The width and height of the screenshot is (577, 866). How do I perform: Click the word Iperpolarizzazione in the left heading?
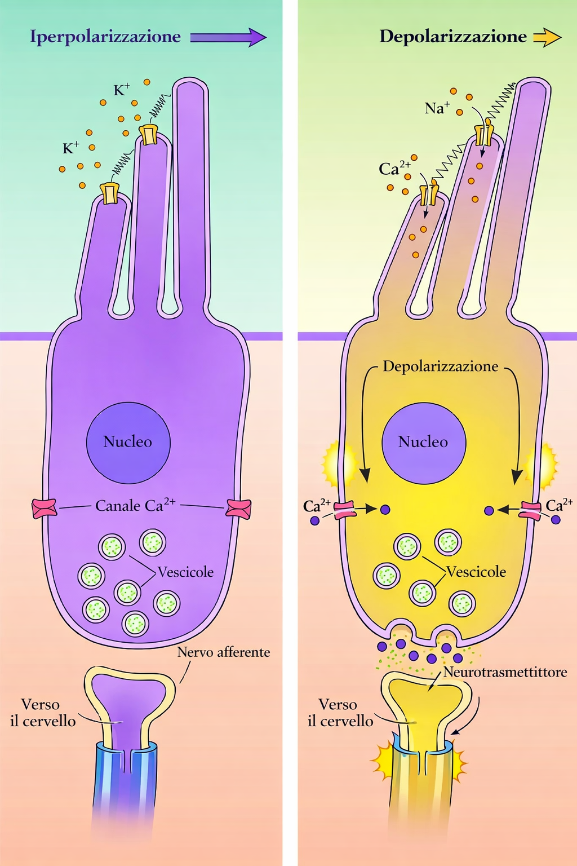[105, 37]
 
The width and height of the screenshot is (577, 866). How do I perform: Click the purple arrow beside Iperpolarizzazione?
[228, 37]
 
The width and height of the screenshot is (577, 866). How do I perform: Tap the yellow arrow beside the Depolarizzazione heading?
[547, 37]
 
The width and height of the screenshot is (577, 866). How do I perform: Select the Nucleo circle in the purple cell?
[128, 443]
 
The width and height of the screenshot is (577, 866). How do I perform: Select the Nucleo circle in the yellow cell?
[424, 443]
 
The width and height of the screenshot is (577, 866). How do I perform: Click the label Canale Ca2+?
[135, 505]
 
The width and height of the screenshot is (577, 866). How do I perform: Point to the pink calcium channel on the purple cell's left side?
[44, 507]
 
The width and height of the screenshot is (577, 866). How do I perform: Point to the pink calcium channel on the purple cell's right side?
[238, 507]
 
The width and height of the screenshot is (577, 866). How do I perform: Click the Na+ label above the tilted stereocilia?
[437, 108]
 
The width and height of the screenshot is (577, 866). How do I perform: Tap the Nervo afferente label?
[223, 652]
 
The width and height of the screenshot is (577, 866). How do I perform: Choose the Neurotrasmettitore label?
[505, 672]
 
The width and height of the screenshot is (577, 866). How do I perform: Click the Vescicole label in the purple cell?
[185, 572]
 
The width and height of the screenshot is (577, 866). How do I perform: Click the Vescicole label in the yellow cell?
[477, 572]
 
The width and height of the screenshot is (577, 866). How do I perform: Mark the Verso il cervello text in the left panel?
[42, 713]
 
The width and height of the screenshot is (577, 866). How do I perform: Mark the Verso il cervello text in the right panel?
[340, 713]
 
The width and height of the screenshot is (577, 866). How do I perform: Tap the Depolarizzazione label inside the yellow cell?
[441, 366]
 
